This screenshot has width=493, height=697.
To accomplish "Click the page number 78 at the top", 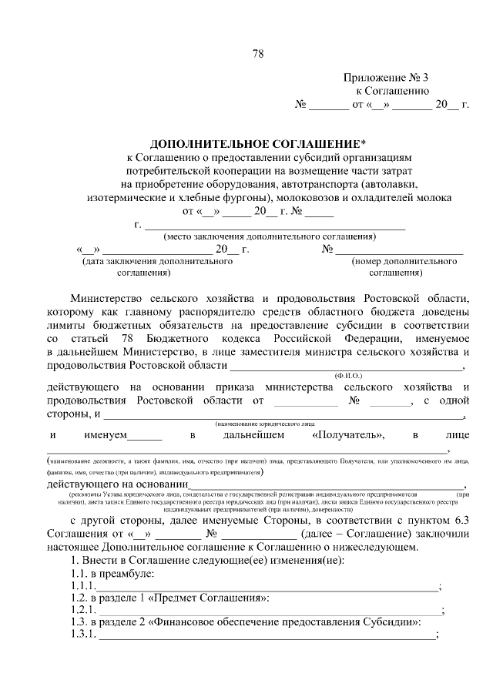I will click(x=258, y=54).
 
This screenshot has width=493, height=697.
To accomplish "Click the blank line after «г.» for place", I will click(x=275, y=226).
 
